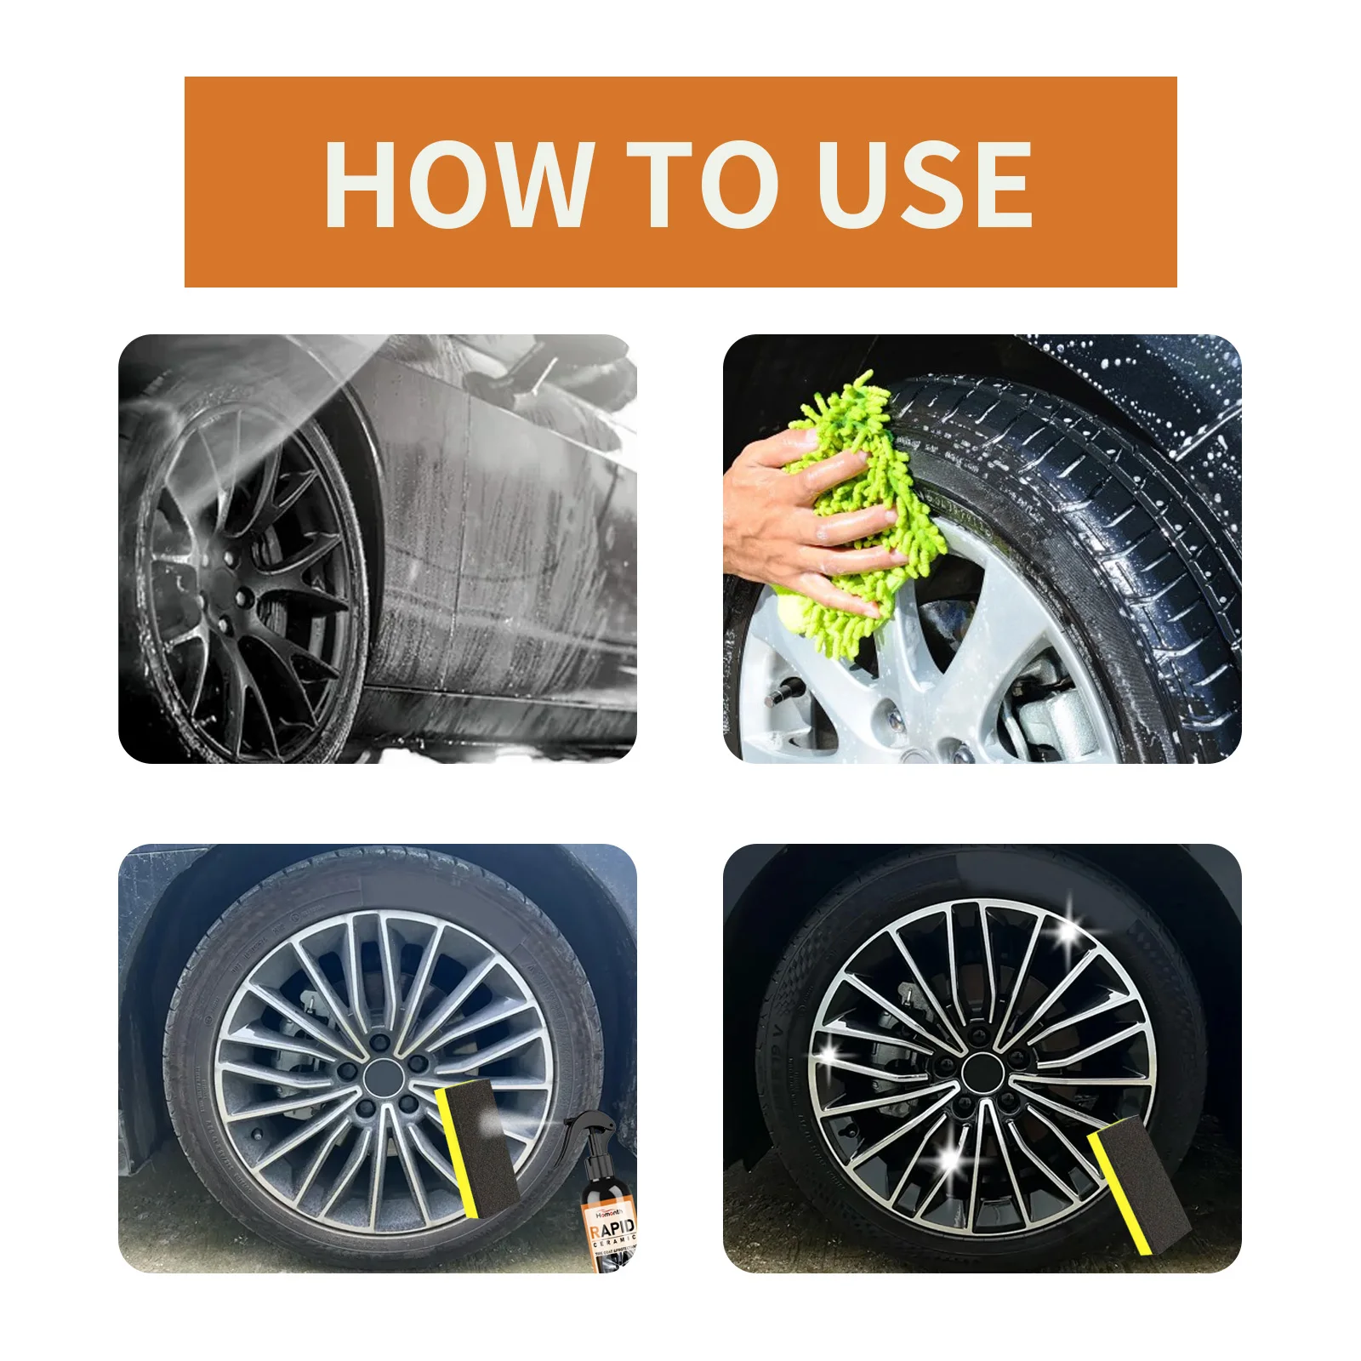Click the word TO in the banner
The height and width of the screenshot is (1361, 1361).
point(703,185)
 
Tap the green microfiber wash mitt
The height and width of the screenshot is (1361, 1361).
point(859,510)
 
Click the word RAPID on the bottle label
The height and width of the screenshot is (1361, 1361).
point(612,1228)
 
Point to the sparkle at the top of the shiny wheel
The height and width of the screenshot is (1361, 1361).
point(1068,935)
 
